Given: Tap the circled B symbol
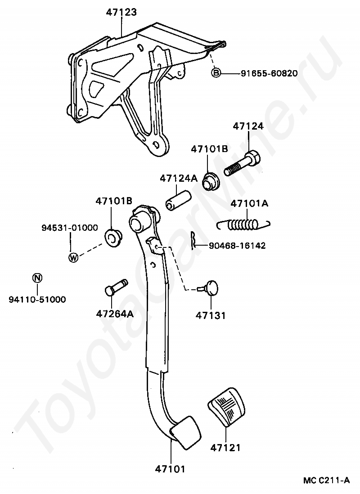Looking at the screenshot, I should [x=216, y=72].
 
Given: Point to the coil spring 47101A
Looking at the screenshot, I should [x=243, y=224].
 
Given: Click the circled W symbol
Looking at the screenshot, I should [x=73, y=258].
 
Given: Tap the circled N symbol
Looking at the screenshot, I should [x=37, y=278].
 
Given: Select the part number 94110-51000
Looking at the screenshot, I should [x=37, y=299].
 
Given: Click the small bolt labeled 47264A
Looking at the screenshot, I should [x=115, y=288].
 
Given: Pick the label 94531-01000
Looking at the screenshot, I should [x=67, y=228].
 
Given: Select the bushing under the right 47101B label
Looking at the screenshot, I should [x=209, y=180].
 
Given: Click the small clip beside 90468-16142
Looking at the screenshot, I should [x=193, y=240].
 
